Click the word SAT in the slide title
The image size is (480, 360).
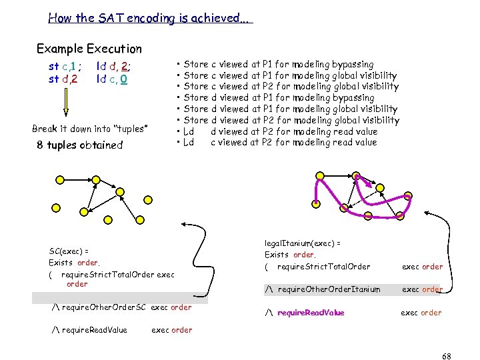pyautogui.click(x=110, y=18)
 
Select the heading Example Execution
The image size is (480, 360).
pyautogui.click(x=89, y=49)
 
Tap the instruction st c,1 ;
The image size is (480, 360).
pyautogui.click(x=65, y=66)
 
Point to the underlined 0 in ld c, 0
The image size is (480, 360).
pyautogui.click(x=125, y=79)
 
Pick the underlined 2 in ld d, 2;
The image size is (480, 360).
pyautogui.click(x=125, y=66)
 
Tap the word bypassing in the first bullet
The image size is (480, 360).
pyautogui.click(x=353, y=64)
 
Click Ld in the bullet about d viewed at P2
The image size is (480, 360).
pyautogui.click(x=189, y=131)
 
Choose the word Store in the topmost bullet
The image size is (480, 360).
pyautogui.click(x=196, y=64)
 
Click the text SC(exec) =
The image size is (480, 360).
pyautogui.click(x=69, y=251)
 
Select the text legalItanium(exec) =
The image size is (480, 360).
pyautogui.click(x=303, y=243)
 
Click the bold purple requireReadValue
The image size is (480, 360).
pyautogui.click(x=311, y=313)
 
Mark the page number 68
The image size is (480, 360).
pyautogui.click(x=447, y=356)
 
